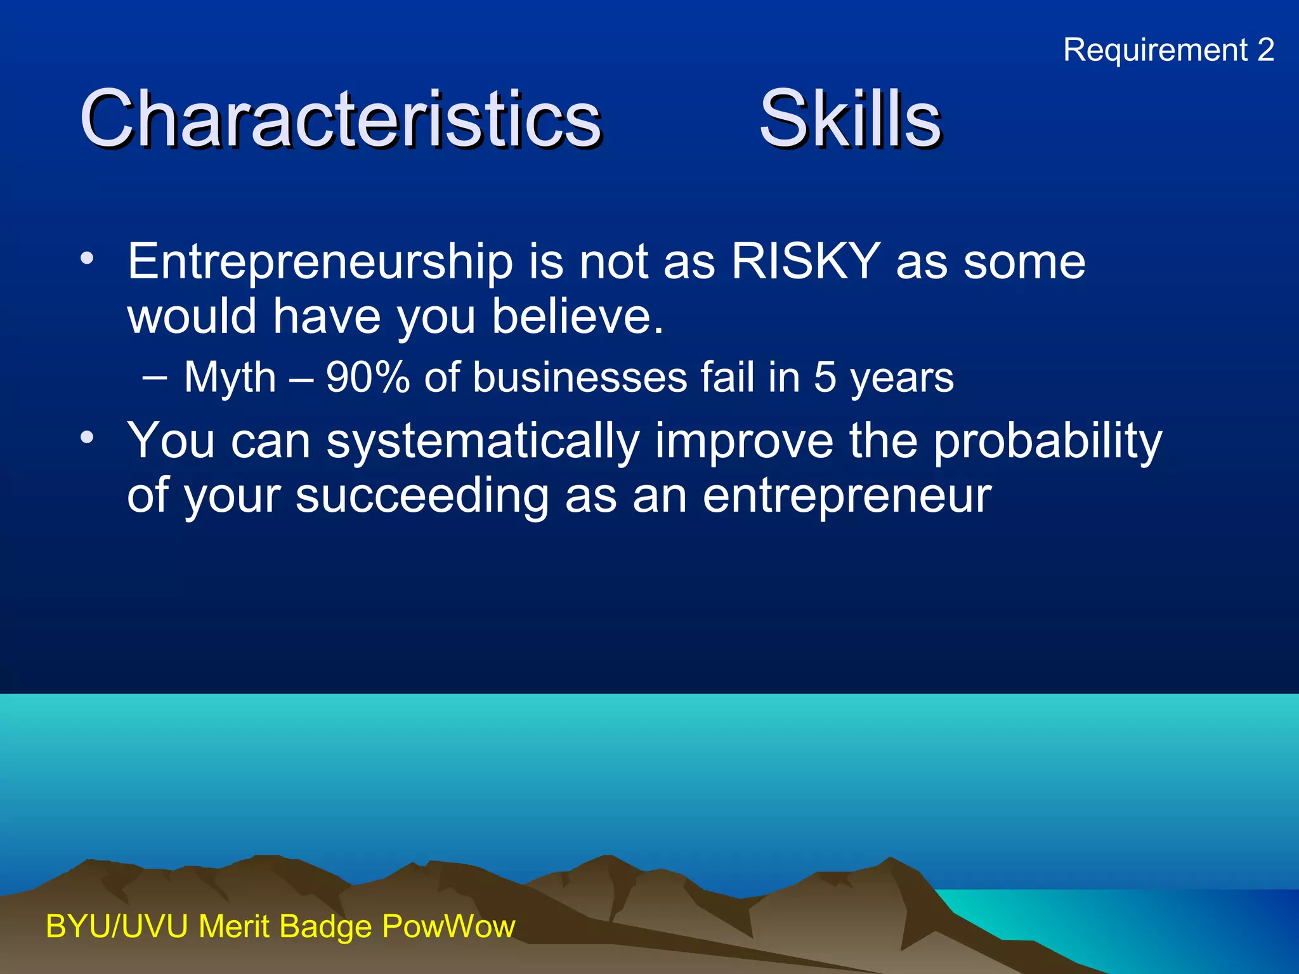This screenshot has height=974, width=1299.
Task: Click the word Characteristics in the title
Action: [340, 119]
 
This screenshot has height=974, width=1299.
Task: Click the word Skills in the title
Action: [850, 119]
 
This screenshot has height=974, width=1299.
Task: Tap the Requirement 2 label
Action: [1168, 50]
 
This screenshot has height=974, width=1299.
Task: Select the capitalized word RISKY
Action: [806, 261]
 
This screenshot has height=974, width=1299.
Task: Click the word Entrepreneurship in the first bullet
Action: [320, 263]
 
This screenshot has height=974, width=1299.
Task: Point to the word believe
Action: [577, 316]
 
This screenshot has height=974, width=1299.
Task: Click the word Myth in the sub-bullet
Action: [230, 378]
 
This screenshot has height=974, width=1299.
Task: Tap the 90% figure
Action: [368, 378]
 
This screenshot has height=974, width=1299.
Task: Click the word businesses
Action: [580, 378]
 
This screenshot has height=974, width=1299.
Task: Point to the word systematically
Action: [482, 441]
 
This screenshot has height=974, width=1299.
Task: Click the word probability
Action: [1048, 441]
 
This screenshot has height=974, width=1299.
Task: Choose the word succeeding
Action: [422, 496]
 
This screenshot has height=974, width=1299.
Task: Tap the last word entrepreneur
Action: [847, 496]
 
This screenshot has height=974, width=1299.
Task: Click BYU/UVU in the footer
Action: [117, 926]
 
